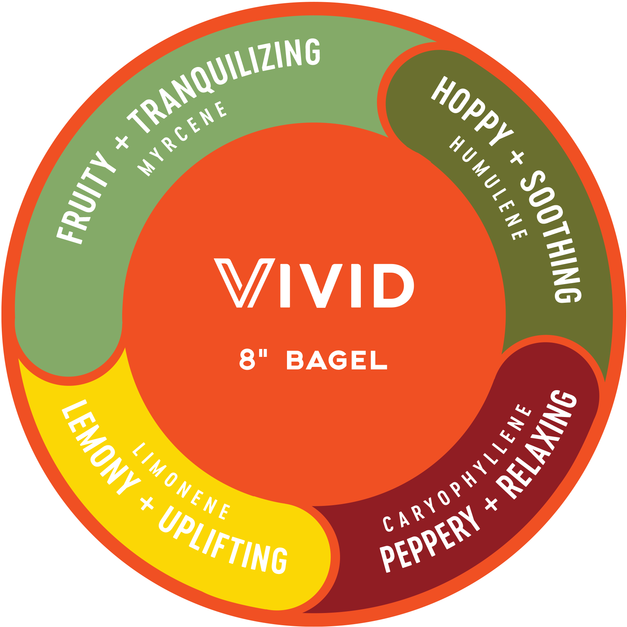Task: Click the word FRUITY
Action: pyautogui.click(x=86, y=199)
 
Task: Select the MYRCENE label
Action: pyautogui.click(x=183, y=138)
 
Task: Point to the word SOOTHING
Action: pyautogui.click(x=552, y=236)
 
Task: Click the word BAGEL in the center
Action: pyautogui.click(x=337, y=360)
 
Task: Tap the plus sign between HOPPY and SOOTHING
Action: pyautogui.click(x=517, y=157)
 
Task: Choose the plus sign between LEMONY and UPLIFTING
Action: pyautogui.click(x=147, y=503)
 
